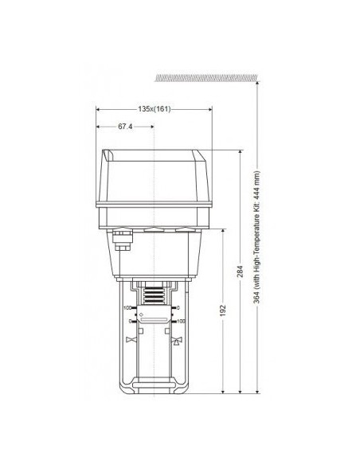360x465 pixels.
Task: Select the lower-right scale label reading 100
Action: tap(182, 322)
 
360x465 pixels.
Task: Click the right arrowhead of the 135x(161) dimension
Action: tap(213, 109)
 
